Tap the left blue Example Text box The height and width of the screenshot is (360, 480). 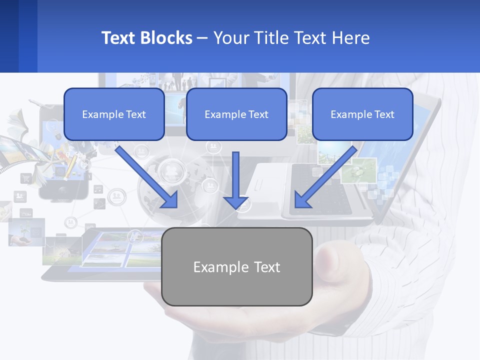[x=114, y=114]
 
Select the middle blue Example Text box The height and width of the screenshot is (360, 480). [x=236, y=114]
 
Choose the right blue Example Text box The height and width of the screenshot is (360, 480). [x=362, y=114]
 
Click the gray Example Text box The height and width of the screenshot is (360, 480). [x=237, y=266]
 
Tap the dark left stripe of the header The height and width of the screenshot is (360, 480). [x=9, y=36]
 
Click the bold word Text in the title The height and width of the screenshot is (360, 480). [x=118, y=38]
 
